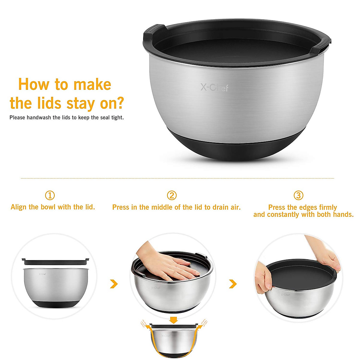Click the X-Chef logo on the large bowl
click(214, 88)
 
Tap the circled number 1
click(50, 196)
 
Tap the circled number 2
click(172, 196)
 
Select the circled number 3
click(298, 196)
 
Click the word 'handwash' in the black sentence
click(39, 118)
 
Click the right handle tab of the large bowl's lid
click(321, 45)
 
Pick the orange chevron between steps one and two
click(114, 283)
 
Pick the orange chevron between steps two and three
click(233, 283)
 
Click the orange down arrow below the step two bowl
click(173, 319)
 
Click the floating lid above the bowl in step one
click(55, 261)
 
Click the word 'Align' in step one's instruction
click(19, 207)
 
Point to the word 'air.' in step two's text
click(234, 207)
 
